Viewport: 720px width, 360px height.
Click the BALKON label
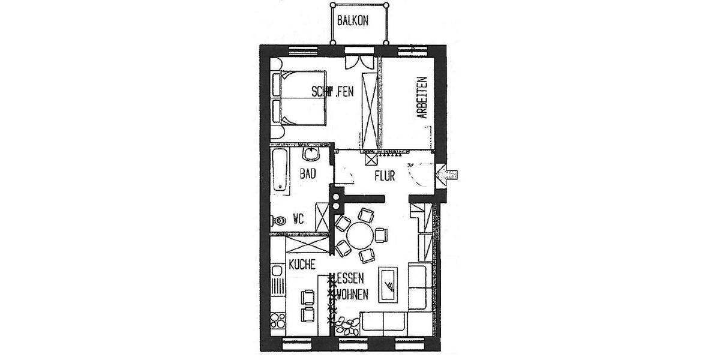pyautogui.click(x=353, y=20)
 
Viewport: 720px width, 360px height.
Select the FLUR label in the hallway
pyautogui.click(x=384, y=177)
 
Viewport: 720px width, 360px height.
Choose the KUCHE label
pyautogui.click(x=302, y=265)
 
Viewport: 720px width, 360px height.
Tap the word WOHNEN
pyautogui.click(x=353, y=295)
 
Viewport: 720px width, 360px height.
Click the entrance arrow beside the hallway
pyautogui.click(x=448, y=174)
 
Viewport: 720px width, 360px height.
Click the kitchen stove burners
pyautogui.click(x=278, y=319)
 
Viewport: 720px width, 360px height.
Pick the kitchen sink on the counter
pyautogui.click(x=277, y=282)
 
